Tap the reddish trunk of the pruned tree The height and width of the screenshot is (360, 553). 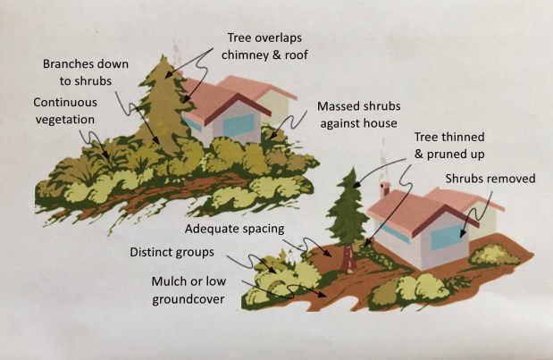coord(347,257)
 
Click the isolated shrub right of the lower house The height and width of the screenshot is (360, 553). coord(492,257)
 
